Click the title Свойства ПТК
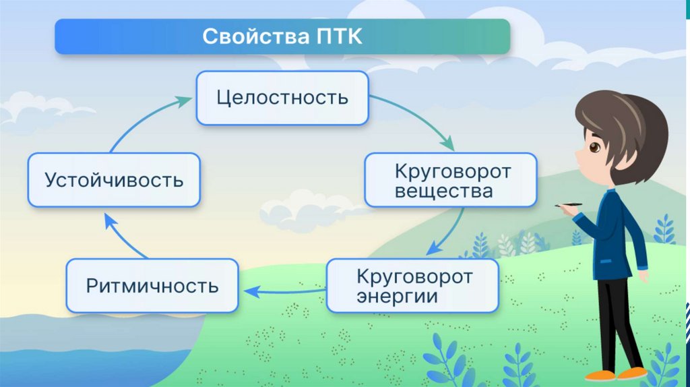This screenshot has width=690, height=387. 282,36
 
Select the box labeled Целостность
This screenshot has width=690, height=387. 282,98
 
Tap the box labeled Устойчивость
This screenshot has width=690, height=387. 114,180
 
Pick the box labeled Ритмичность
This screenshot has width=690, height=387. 152,285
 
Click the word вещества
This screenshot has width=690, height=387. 443,191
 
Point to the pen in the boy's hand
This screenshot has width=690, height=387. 570,204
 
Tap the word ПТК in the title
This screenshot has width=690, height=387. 340,36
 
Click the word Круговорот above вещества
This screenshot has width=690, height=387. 453,171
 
